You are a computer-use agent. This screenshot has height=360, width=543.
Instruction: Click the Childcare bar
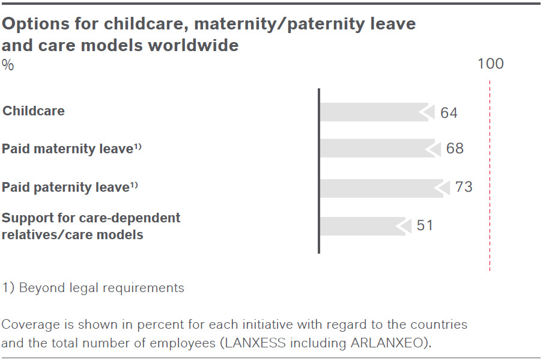click(x=374, y=112)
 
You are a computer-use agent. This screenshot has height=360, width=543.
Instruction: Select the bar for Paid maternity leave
click(x=377, y=148)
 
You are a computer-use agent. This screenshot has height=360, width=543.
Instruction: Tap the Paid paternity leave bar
click(x=381, y=189)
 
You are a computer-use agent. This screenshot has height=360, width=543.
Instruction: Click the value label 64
click(x=449, y=113)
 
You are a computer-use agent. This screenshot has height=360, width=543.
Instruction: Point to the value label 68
click(x=455, y=148)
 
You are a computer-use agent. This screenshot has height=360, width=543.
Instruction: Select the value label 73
click(x=464, y=187)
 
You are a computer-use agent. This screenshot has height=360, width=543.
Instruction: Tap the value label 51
click(x=425, y=225)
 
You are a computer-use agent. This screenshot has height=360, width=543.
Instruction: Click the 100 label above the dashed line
click(x=491, y=64)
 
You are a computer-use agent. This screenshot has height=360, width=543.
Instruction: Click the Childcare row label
click(x=34, y=111)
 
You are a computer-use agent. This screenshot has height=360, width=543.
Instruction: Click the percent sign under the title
click(x=8, y=65)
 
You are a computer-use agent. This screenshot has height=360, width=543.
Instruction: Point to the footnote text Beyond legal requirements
click(x=102, y=288)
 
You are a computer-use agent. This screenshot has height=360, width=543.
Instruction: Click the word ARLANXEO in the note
click(x=387, y=343)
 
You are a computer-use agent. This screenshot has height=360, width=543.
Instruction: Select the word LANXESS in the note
click(x=255, y=343)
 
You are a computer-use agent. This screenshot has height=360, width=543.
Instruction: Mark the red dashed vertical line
click(x=490, y=176)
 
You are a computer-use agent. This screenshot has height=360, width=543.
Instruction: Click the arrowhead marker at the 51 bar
click(x=404, y=226)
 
